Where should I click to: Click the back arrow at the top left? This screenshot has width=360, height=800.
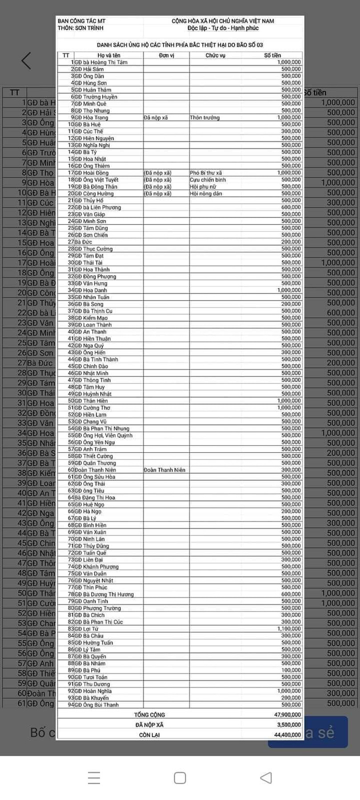click(x=26, y=60)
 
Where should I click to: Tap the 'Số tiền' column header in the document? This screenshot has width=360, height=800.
click(x=272, y=55)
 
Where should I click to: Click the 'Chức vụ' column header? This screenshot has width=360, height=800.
click(x=216, y=55)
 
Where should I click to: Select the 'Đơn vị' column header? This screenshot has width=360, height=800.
click(x=166, y=55)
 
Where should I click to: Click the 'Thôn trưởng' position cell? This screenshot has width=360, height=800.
click(x=204, y=117)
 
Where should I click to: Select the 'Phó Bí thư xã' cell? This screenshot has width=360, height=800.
click(x=206, y=173)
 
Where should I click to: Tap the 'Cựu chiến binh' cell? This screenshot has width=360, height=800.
click(x=208, y=180)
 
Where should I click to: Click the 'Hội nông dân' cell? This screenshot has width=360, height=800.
click(x=206, y=193)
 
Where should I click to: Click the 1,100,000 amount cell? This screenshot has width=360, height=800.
click(x=289, y=629)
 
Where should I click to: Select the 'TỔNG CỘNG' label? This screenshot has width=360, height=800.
click(x=149, y=715)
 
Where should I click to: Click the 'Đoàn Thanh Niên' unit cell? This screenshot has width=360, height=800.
click(x=164, y=470)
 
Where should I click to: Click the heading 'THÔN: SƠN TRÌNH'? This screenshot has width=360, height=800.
click(x=80, y=28)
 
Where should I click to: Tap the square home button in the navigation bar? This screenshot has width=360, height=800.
click(x=180, y=778)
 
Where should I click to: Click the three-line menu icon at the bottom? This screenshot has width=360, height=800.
click(x=94, y=778)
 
